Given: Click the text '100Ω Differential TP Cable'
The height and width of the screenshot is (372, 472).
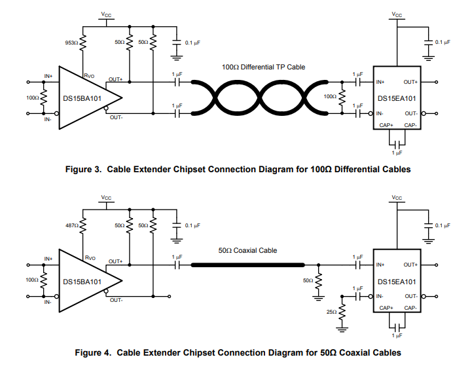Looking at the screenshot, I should pos(263,67).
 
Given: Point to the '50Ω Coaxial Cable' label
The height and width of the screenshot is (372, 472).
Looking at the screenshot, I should pos(247,250).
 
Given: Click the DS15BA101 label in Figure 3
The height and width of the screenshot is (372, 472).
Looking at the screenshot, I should pos(81,98).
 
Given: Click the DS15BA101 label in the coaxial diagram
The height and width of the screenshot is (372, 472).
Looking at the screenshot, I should pos(81,281).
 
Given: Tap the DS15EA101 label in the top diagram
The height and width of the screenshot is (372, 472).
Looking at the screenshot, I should pos(397,98).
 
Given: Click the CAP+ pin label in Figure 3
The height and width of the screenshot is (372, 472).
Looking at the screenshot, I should pos(386,124).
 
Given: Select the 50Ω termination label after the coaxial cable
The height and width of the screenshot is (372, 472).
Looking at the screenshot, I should pos(308,280).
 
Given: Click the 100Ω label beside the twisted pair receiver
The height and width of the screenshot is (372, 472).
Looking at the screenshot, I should pos(331,96).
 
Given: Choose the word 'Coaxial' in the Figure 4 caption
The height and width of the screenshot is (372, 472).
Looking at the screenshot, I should pos(351,352).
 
